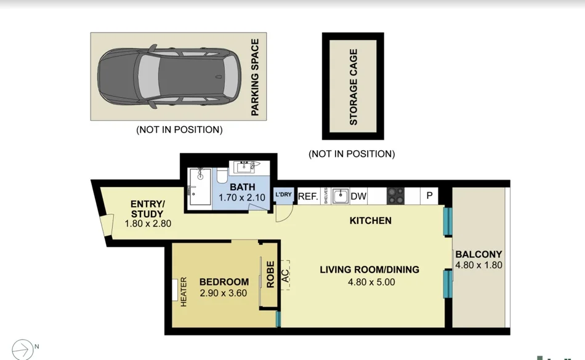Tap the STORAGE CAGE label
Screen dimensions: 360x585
(353, 87)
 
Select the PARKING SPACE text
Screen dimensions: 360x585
(255, 77)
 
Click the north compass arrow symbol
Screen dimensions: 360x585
(23, 349)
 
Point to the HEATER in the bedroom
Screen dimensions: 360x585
(183, 293)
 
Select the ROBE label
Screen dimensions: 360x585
(270, 274)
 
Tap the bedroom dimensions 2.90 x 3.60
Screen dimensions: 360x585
(224, 293)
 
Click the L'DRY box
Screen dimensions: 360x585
(283, 195)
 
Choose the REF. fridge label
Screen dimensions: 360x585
(308, 197)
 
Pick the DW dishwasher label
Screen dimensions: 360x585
(358, 197)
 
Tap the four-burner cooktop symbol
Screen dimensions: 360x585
(395, 196)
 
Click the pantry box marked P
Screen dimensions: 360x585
(429, 196)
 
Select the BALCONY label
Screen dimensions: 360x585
(478, 254)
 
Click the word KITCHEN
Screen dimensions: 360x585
(370, 220)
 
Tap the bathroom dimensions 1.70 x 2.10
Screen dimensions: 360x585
(242, 198)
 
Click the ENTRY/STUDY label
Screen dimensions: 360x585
(147, 209)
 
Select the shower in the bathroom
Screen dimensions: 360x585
(199, 188)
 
